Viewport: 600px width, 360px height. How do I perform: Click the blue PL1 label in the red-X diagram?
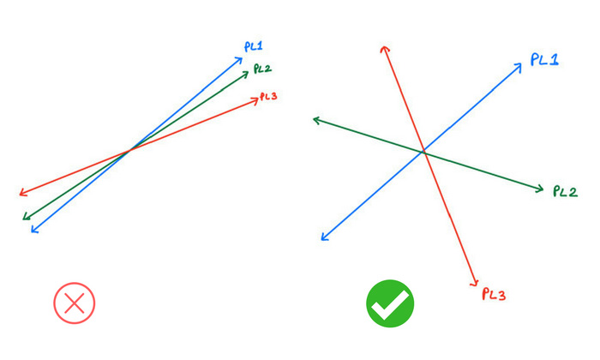coord(254,46)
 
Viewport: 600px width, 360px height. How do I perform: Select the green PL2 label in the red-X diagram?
coord(262,69)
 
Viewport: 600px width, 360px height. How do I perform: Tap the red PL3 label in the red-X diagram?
coord(268,96)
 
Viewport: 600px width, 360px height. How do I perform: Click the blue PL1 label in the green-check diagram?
coord(544,60)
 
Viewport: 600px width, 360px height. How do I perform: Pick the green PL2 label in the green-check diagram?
coord(565,191)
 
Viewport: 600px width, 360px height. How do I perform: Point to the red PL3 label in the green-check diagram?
coord(494,294)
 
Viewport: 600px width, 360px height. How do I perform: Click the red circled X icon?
coord(75,303)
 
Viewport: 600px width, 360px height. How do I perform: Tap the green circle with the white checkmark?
coord(390,303)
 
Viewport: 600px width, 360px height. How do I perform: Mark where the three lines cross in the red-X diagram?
coord(129,150)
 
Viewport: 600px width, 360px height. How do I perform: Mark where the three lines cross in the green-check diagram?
coord(423,153)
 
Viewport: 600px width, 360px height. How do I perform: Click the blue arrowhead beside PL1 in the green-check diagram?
coord(518,68)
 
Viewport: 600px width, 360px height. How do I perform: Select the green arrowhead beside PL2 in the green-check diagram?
coord(539,189)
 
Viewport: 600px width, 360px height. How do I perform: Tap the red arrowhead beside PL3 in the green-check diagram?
coord(475,282)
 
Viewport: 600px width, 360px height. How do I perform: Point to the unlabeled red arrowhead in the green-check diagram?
coord(385,50)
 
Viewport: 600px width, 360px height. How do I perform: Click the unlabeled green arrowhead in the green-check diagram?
coord(317,121)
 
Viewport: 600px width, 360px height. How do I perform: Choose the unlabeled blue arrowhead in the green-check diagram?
coord(325,237)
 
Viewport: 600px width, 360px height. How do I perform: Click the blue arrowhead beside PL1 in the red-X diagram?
coord(238,61)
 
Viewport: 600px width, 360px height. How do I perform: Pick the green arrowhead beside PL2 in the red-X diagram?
coord(244,75)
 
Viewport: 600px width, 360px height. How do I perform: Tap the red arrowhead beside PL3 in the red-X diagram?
coord(255,101)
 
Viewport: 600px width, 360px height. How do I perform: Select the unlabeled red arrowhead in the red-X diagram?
coord(24,193)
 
